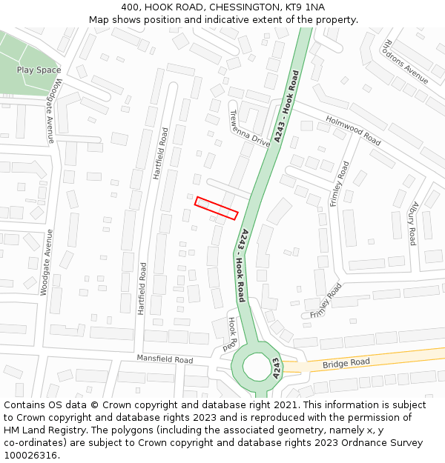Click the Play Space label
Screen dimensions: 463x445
(39, 70)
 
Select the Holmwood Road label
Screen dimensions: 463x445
(353, 130)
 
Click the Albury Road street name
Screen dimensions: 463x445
(412, 224)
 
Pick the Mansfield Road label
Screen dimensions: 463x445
(164, 359)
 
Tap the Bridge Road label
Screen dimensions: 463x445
(346, 363)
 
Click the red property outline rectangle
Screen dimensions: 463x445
(216, 208)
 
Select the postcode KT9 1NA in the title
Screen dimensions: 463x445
(305, 7)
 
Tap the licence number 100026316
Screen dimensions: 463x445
(32, 456)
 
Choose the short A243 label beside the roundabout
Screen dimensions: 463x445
(276, 368)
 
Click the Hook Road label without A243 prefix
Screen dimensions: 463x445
(233, 334)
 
